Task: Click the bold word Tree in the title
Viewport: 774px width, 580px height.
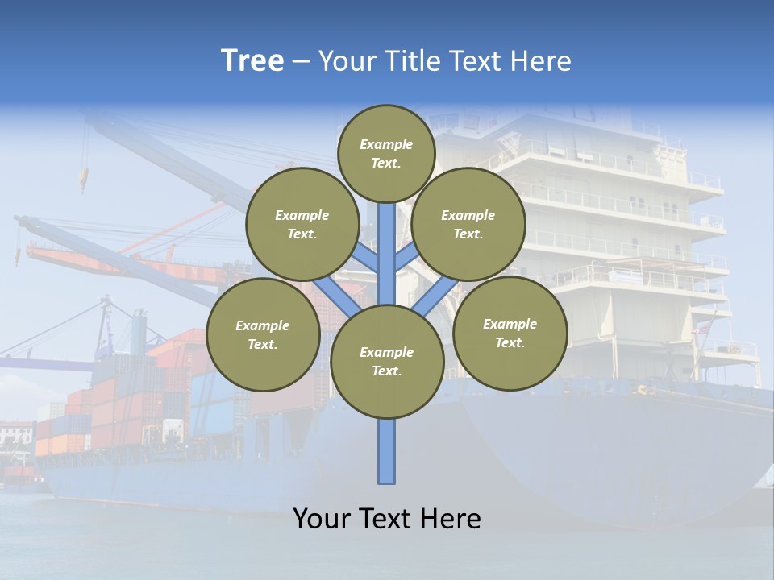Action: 252,61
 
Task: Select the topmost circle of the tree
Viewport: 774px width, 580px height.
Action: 386,154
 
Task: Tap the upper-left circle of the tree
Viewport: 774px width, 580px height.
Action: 302,225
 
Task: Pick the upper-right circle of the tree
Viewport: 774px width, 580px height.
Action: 468,225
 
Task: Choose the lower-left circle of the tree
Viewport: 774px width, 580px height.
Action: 262,335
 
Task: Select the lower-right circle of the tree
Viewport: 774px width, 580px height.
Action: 510,333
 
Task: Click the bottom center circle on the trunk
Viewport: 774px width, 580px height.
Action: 386,362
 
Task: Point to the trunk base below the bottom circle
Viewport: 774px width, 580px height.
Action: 386,451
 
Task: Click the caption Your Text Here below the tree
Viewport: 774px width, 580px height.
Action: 386,519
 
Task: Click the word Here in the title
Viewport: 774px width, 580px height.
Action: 541,61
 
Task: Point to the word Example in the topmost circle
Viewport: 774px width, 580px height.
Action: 386,145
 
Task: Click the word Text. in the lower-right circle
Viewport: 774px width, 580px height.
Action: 510,343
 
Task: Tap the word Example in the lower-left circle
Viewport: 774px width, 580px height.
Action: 262,326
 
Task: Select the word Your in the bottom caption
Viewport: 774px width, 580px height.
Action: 322,519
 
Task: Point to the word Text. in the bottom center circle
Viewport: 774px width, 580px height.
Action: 386,371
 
